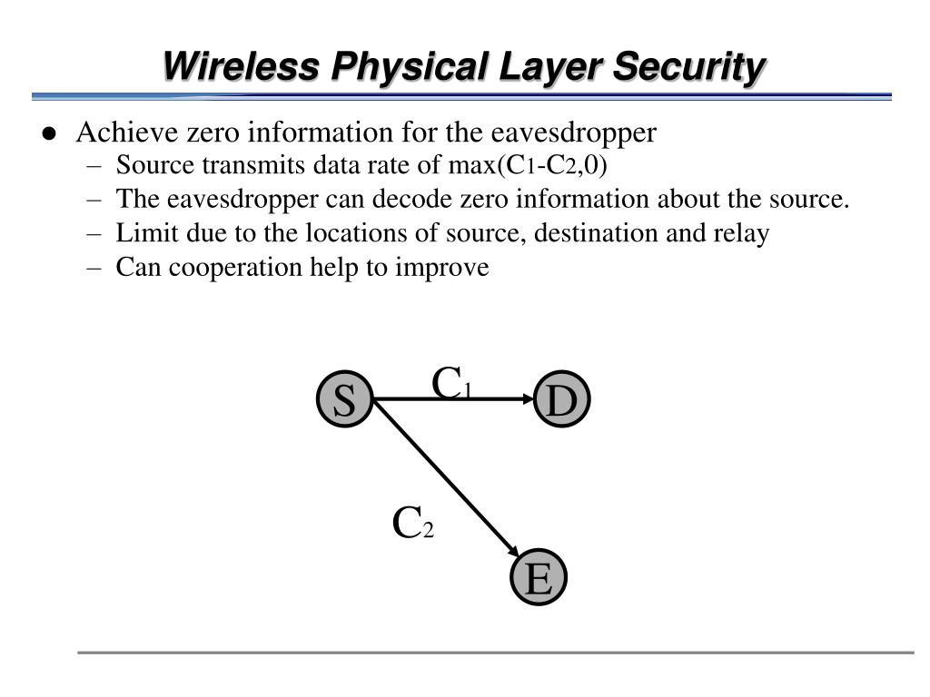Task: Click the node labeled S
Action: pos(344,400)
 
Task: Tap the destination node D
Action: pos(562,400)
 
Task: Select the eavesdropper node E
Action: pos(539,578)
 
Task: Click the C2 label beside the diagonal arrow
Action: pos(412,524)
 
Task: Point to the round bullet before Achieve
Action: pos(49,134)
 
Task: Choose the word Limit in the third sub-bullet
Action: pos(137,233)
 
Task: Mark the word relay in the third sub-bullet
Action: pos(743,234)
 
